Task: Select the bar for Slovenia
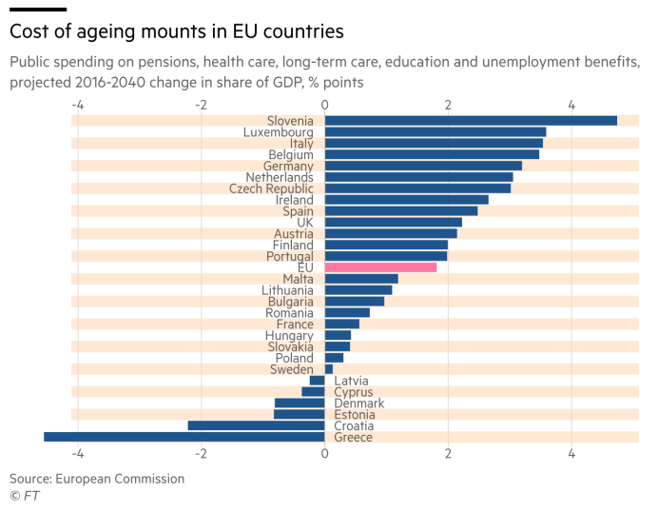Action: pos(471,121)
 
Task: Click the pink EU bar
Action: pos(380,267)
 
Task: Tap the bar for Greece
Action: pos(184,437)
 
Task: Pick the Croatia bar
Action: pos(256,425)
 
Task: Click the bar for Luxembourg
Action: pos(435,132)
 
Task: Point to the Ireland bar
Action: pos(406,200)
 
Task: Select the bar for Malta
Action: pos(361,279)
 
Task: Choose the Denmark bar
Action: pos(300,404)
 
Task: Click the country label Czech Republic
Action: pos(271,188)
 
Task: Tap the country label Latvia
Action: pos(351,381)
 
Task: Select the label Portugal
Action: pos(289,257)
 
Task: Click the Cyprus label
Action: pos(354,392)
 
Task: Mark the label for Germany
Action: pos(288,166)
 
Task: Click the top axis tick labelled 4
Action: pos(571,104)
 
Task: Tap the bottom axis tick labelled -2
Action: pos(201,454)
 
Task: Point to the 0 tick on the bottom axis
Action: pos(325,454)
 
